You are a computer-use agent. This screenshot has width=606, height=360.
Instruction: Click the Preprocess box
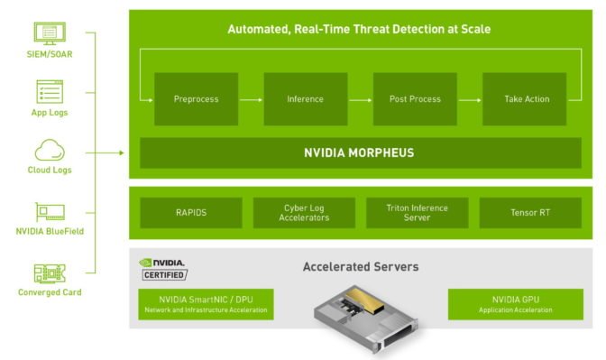(196, 99)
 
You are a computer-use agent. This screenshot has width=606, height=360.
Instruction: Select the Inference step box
(305, 99)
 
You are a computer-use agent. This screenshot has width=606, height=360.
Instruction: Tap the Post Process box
(415, 99)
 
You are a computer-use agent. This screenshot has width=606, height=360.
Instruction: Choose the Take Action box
(527, 99)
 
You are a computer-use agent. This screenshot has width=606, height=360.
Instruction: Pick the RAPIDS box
(191, 213)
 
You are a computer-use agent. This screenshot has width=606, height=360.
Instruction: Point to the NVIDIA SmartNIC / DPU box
(207, 304)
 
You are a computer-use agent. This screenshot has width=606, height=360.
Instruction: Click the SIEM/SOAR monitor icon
(50, 33)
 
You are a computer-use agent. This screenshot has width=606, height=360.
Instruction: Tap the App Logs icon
(50, 91)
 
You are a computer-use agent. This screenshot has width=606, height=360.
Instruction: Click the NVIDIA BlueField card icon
(50, 213)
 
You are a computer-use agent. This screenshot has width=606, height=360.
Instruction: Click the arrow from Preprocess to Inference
(251, 99)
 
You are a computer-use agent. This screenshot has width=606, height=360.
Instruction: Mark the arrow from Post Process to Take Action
(470, 99)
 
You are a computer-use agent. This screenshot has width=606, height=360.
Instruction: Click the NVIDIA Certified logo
(163, 268)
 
